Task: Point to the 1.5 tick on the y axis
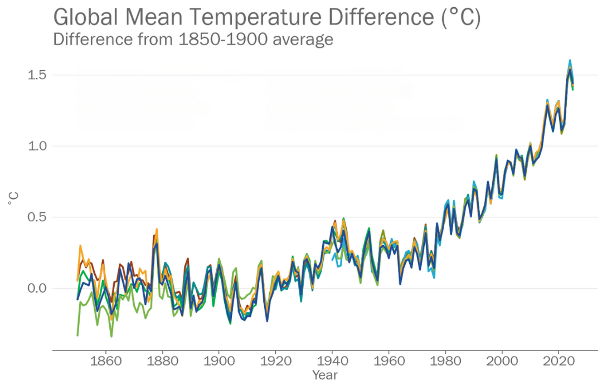click(x=37, y=75)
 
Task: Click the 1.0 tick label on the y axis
click(x=37, y=146)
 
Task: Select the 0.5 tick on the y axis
click(x=37, y=217)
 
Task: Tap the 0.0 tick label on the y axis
click(x=37, y=288)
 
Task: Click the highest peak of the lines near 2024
click(x=570, y=60)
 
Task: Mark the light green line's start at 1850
click(x=77, y=335)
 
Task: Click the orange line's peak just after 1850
click(x=80, y=246)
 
